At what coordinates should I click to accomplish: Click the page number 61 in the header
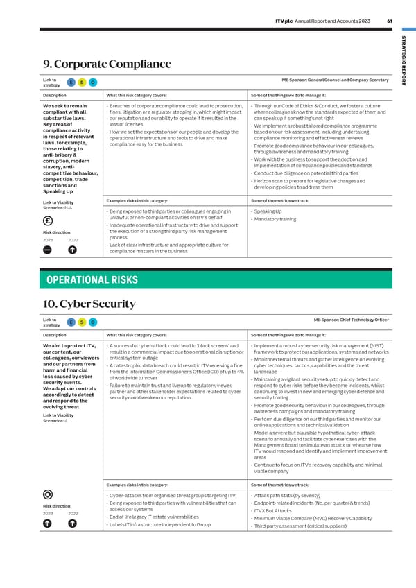(390, 20)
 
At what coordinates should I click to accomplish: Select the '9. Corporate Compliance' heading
(107, 64)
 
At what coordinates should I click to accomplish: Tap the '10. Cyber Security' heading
(89, 304)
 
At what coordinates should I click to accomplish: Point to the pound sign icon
(49, 223)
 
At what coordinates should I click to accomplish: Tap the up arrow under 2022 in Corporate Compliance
(73, 250)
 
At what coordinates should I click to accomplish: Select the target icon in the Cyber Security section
(49, 494)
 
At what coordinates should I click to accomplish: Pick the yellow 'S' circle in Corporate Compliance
(83, 83)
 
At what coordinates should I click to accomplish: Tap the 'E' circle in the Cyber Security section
(71, 322)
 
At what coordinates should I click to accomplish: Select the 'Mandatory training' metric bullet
(275, 219)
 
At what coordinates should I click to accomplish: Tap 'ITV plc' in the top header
(284, 20)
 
